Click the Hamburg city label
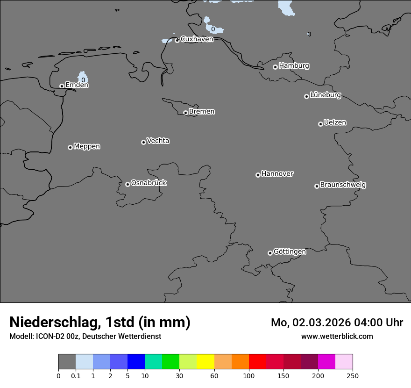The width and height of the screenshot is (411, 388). click(294, 66)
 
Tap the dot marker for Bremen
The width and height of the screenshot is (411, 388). click(185, 113)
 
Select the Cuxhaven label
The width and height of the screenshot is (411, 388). click(197, 39)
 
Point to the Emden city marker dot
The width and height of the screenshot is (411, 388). click(62, 86)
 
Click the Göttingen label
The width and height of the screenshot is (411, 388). click(290, 252)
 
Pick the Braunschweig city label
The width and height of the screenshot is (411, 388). click(343, 185)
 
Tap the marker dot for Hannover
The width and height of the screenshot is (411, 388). click(258, 175)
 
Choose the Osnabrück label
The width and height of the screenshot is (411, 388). click(149, 183)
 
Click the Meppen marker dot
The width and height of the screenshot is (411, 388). click(70, 147)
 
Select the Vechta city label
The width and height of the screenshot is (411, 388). click(158, 141)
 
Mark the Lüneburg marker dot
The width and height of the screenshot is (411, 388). click(306, 96)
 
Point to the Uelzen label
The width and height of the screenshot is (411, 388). click(335, 123)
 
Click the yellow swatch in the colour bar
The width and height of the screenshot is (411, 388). click(205, 362)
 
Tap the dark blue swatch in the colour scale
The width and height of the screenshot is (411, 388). click(136, 362)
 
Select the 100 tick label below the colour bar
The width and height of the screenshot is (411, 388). click(249, 375)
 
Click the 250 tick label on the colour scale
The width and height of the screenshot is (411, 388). click(353, 375)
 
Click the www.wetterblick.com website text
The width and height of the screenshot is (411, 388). click(337, 336)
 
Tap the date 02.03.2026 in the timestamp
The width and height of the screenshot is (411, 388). click(312, 323)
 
